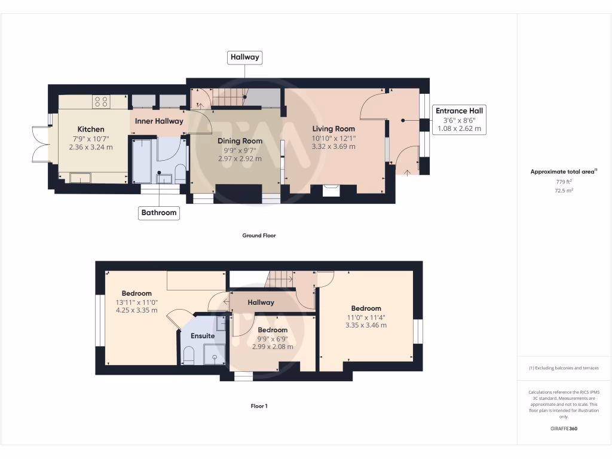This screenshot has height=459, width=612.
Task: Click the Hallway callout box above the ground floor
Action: (x=245, y=57)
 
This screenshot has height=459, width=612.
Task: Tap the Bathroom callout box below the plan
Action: (x=159, y=212)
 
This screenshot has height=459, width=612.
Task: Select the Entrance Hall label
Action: (x=459, y=111)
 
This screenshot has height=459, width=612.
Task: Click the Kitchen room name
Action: (x=91, y=129)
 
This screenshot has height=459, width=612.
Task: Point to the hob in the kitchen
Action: (x=101, y=102)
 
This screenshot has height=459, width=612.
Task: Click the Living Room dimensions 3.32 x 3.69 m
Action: (x=333, y=146)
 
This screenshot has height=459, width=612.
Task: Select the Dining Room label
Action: (x=235, y=141)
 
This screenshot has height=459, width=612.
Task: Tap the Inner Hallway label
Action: (x=159, y=121)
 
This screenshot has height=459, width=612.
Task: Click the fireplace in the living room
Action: (x=331, y=190)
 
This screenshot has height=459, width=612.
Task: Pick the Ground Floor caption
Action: (x=259, y=235)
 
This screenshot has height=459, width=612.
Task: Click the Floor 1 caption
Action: (x=259, y=406)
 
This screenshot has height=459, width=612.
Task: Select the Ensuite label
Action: (x=203, y=336)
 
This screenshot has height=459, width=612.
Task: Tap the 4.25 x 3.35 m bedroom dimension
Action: (x=137, y=310)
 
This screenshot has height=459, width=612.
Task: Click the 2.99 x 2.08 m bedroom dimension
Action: (x=273, y=347)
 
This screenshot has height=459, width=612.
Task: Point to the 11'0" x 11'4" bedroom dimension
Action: (x=366, y=317)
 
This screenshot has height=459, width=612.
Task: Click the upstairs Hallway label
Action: (x=261, y=302)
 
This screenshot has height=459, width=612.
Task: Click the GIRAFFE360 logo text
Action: (x=564, y=429)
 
